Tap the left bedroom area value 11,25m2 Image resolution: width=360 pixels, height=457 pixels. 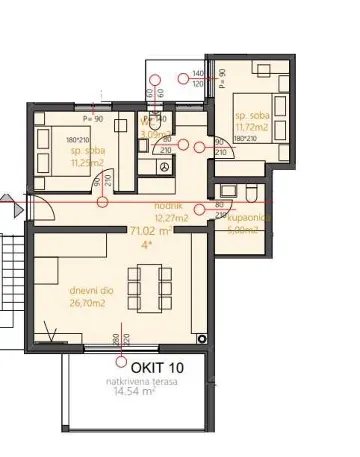[62, 170]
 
